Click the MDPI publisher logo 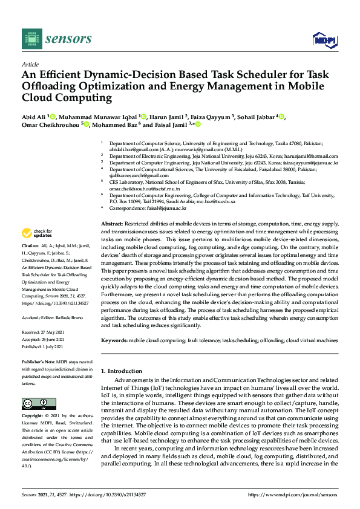pos(323,39)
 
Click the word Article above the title pos(30,64)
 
